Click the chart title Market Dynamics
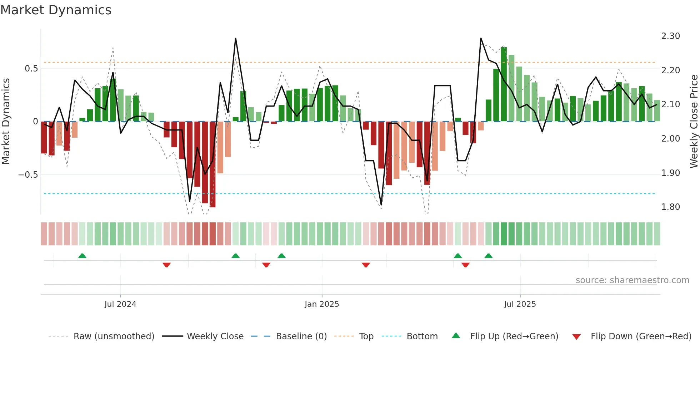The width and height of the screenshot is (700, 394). tap(56, 10)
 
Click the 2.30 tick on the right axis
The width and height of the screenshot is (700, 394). tap(670, 36)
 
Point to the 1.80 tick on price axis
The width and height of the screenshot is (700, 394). tap(670, 207)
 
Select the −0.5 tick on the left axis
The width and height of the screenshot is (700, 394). tap(28, 175)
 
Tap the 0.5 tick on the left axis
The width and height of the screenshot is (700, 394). tap(31, 69)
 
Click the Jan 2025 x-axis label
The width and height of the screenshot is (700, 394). tap(321, 304)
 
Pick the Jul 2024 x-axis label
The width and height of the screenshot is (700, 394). tap(120, 304)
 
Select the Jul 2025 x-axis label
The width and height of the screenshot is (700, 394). tap(520, 304)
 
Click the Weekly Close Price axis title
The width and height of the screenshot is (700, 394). tap(694, 121)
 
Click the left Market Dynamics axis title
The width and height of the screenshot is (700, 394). tap(6, 121)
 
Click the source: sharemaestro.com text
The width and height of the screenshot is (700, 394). tap(632, 280)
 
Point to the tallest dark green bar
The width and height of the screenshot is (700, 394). tap(504, 84)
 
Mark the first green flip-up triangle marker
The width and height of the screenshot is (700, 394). tap(82, 256)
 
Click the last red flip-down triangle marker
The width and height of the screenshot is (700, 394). tap(465, 265)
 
